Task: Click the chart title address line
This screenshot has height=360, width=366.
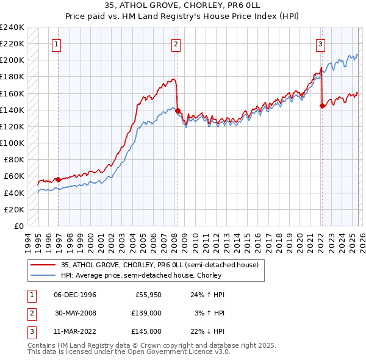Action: point(183,5)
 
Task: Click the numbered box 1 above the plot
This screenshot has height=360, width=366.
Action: point(56,43)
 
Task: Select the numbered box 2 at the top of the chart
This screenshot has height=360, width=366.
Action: point(175,43)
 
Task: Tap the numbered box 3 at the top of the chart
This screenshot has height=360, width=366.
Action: point(320,43)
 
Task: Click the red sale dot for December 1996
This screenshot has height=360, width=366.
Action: point(59,179)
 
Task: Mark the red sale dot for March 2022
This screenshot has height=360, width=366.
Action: point(322,106)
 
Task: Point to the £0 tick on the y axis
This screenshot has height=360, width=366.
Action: point(18,226)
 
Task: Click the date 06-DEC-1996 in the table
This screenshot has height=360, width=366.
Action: point(75,295)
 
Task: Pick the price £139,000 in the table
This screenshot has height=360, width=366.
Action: point(147,313)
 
